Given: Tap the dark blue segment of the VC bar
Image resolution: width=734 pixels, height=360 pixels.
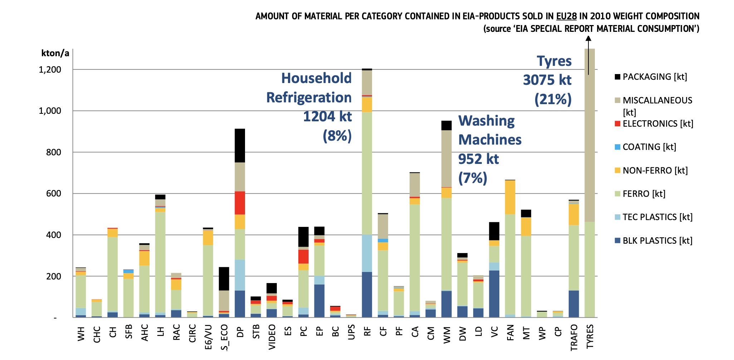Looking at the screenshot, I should (x=494, y=294).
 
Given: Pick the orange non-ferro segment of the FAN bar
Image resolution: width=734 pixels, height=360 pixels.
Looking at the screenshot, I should (x=510, y=197).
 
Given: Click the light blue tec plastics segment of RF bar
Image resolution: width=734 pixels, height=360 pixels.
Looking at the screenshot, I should (x=367, y=253).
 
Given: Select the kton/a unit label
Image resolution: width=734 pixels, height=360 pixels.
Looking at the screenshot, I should (x=55, y=53).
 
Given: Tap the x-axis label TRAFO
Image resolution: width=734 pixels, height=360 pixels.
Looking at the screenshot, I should (x=574, y=337).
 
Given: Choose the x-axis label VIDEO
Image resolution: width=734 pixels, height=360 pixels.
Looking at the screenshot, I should (x=272, y=337).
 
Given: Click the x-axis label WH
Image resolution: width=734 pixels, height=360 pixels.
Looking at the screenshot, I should (x=81, y=334).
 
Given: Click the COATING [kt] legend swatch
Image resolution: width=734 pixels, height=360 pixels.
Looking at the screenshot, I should (x=617, y=147).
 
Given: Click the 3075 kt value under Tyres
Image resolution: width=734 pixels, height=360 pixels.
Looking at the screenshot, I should (x=547, y=80).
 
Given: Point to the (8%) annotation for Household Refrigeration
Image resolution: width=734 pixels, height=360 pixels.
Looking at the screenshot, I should (x=337, y=136).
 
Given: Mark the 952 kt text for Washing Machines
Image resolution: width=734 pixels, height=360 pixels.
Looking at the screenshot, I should (x=478, y=159).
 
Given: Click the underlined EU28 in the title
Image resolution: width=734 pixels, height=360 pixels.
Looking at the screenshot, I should (x=566, y=16).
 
